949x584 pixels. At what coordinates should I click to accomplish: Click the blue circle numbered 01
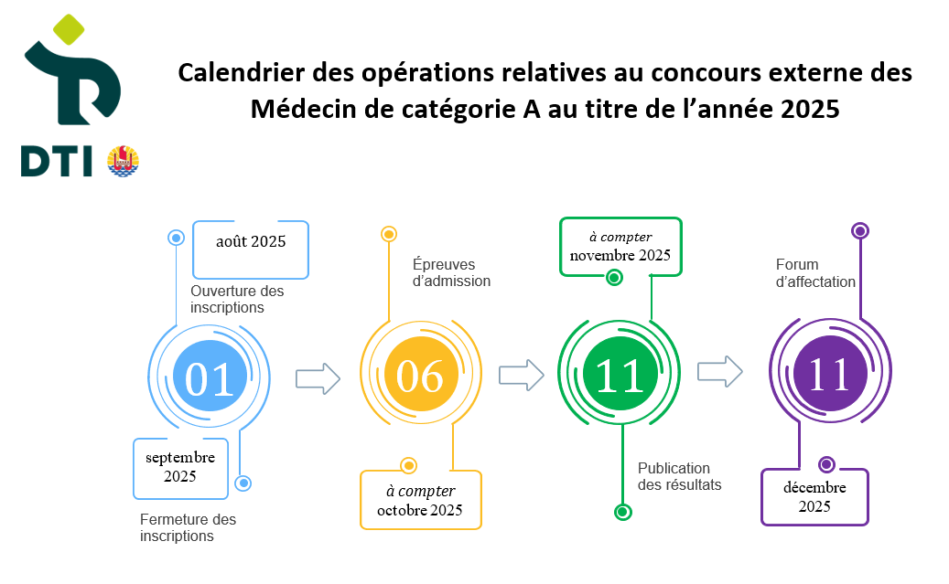(x=210, y=376)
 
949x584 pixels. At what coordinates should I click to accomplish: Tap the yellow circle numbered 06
(x=421, y=374)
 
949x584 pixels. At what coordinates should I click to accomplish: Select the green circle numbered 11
(x=620, y=373)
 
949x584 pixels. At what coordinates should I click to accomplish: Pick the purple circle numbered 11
(x=830, y=373)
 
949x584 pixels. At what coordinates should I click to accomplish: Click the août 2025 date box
(x=251, y=250)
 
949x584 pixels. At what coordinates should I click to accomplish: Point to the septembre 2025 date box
(x=180, y=469)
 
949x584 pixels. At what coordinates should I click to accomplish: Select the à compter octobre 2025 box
(x=421, y=500)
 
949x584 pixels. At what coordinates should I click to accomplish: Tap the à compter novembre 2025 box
(x=621, y=247)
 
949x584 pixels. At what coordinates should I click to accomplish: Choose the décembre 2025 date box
(x=814, y=497)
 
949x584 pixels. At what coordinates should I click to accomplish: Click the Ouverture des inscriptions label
(x=237, y=299)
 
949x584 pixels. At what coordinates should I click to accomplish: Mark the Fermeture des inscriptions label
(x=188, y=527)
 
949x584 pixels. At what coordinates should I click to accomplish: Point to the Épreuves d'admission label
(x=451, y=272)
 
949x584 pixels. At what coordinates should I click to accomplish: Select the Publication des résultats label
(x=679, y=476)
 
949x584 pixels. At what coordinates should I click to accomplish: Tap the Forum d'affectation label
(x=815, y=273)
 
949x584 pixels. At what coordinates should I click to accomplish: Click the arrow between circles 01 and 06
(x=318, y=379)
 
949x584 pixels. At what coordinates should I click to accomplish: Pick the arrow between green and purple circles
(x=719, y=371)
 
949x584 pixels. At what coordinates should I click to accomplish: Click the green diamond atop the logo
(x=69, y=29)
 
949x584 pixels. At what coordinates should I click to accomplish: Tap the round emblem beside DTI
(x=123, y=161)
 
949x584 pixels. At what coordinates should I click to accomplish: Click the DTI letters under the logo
(x=57, y=162)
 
